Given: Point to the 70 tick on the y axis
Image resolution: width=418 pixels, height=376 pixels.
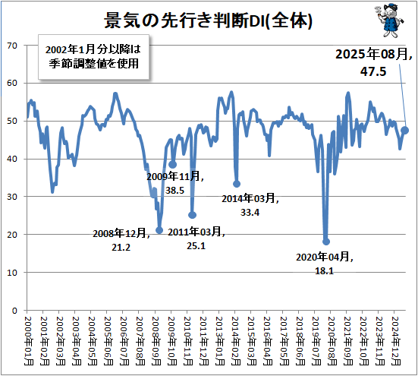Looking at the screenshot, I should point(12,46).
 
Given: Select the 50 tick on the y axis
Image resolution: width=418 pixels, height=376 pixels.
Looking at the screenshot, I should point(12,122).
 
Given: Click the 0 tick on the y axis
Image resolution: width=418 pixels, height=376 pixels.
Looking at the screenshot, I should point(14,311).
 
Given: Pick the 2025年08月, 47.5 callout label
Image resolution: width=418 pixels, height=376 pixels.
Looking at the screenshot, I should point(376,62).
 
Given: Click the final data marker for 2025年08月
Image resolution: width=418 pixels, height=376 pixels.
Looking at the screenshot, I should point(405,130).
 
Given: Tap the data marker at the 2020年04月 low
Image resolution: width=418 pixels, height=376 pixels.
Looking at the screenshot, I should point(326,242).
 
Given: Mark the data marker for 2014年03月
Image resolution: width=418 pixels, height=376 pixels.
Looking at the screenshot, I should point(237,184).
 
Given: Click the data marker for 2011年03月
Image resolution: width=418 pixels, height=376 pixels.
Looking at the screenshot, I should point(192,215).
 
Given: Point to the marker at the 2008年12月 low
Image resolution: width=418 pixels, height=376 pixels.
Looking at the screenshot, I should point(159,230).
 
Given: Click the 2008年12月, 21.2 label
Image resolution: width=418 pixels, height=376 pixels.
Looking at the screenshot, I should point(121,240).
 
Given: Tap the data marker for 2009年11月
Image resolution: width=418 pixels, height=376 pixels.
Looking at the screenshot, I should point(173,164).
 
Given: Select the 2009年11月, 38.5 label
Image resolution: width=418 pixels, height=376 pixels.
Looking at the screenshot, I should point(175,183).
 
